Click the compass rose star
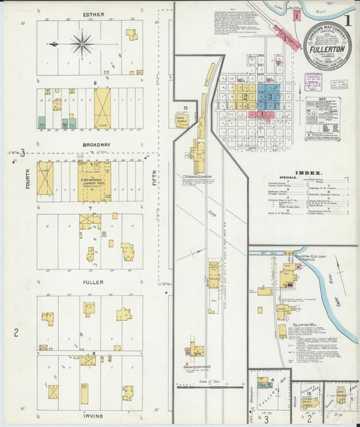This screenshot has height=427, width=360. point(82,45)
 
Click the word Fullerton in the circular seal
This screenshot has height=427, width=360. point(327,49)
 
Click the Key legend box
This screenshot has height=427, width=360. point(323,118)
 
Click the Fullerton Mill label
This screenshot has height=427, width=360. point(305,325)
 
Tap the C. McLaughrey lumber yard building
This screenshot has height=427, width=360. point(95,181)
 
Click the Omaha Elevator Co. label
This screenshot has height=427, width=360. point(197,367)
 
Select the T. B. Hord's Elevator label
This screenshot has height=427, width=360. point(197,176)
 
